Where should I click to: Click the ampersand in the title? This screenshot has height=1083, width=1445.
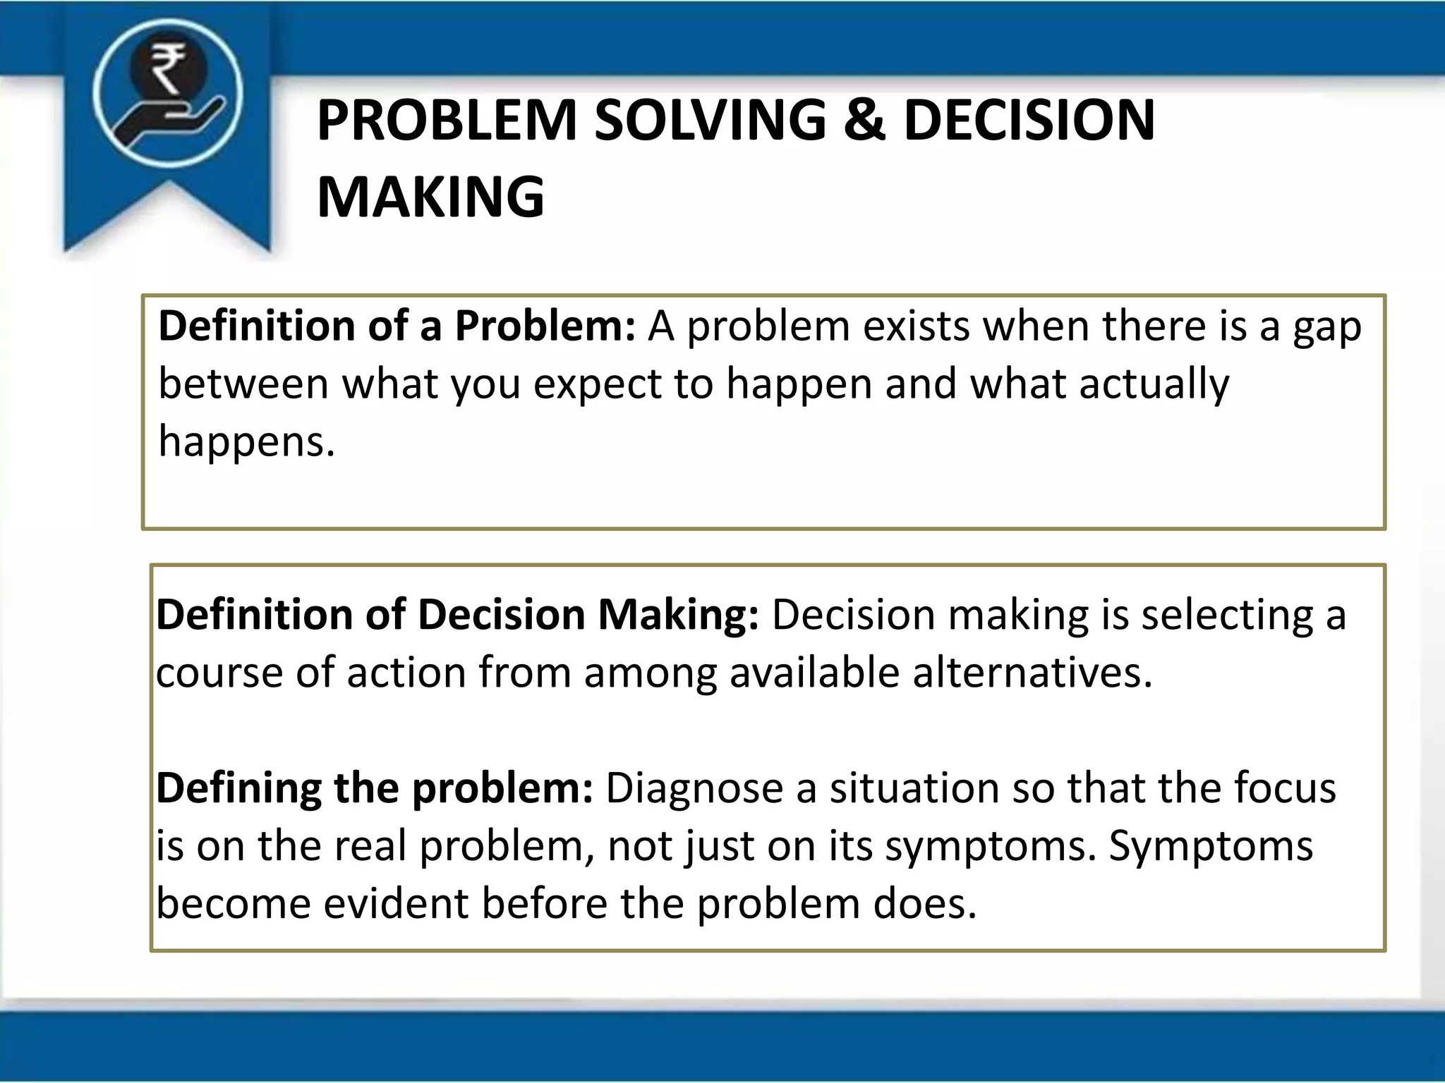[864, 120]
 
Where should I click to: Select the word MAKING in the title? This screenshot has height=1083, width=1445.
[430, 197]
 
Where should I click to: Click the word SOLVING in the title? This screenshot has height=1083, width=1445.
[711, 120]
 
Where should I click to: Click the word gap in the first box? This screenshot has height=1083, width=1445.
[1326, 328]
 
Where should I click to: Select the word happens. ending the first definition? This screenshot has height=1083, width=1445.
[246, 443]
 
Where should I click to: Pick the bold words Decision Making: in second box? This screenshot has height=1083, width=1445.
[588, 615]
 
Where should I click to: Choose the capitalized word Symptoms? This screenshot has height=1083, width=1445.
[1211, 846]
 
